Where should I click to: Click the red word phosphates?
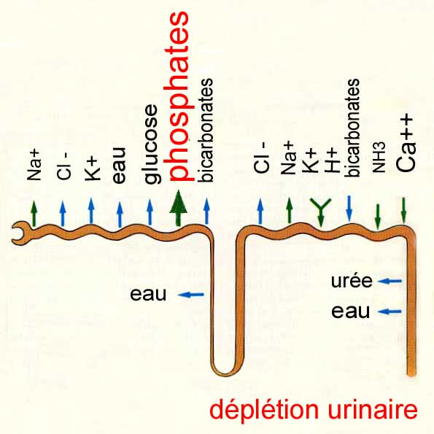179,96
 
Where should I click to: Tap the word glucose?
151,144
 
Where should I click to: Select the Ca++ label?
406,144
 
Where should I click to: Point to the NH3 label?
379,158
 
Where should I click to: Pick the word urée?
352,281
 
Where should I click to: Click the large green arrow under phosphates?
179,208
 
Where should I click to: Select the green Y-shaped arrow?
320,211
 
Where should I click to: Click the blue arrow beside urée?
390,282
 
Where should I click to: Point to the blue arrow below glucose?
150,212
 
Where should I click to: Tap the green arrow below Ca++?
403,210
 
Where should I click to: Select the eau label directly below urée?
350,311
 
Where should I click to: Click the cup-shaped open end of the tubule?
18,233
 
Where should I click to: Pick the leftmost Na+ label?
34,166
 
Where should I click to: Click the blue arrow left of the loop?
191,295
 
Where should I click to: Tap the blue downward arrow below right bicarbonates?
349,209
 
